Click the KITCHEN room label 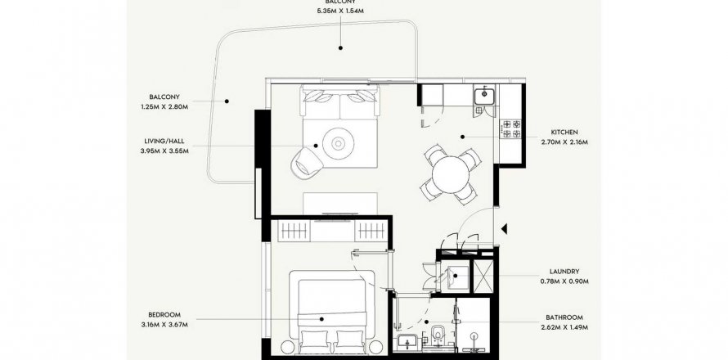564,133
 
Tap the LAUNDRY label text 564,272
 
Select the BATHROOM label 564,317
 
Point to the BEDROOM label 164,314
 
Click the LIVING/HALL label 164,142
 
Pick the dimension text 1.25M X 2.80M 164,107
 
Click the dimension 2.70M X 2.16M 564,142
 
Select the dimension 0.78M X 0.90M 564,281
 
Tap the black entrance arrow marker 504,228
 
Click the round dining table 451,174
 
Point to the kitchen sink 484,95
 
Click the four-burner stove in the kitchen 511,128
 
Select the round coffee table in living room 338,144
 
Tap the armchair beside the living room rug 307,161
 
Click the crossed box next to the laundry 483,277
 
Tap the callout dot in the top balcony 340,47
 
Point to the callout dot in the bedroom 321,319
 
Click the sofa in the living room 340,102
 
